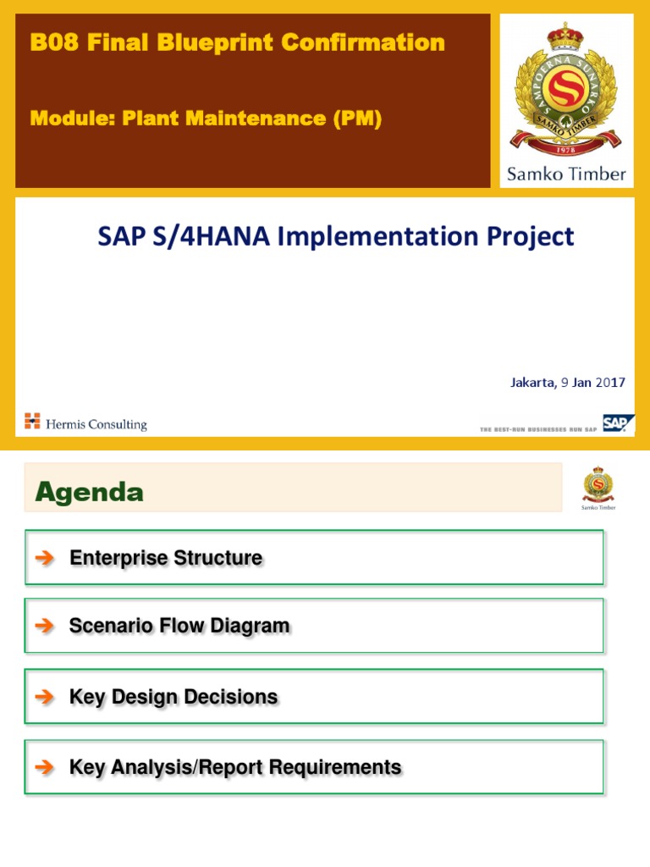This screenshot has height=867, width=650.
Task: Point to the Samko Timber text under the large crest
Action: [x=566, y=174]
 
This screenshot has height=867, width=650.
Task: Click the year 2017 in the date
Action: [x=609, y=382]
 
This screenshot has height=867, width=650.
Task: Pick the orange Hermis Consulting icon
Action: [x=32, y=421]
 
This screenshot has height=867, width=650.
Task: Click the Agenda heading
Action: [x=89, y=492]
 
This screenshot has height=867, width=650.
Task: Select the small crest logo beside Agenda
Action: [x=598, y=487]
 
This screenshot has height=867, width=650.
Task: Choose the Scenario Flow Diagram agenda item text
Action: [x=179, y=627]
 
